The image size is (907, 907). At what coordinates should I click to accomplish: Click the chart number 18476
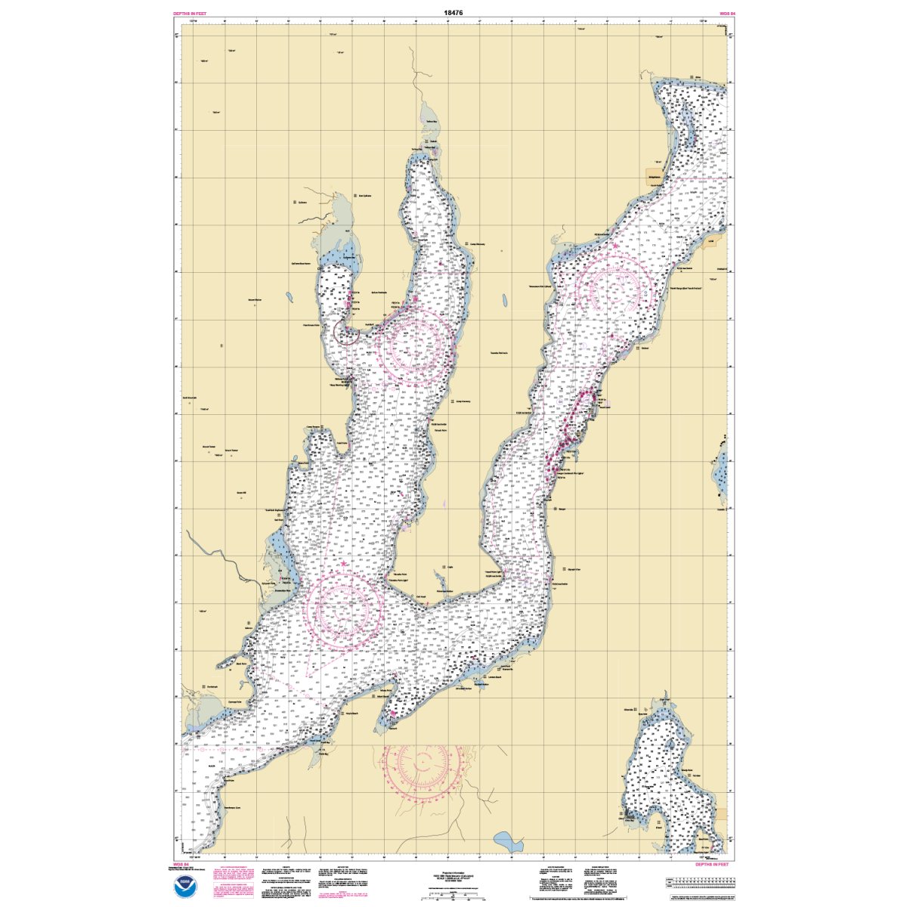453,12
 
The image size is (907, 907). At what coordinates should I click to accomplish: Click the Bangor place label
562,509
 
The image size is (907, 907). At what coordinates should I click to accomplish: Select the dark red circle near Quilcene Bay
347,333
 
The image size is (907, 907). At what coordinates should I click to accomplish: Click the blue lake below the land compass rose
502,839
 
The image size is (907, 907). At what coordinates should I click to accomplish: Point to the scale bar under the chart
453,894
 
